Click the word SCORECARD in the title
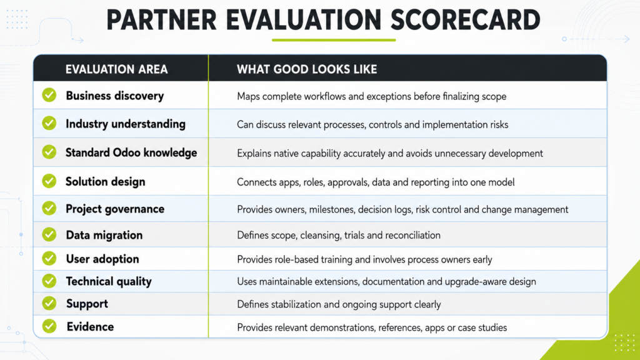(465, 20)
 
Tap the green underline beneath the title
(334, 40)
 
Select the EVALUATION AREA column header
(117, 69)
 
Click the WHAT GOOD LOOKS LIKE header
(307, 69)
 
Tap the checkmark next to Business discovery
(49, 95)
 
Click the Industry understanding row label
(126, 124)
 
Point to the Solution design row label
(105, 182)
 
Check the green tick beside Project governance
(49, 208)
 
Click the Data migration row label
(104, 235)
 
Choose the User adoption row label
(102, 259)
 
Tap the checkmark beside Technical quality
(49, 281)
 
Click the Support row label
(87, 304)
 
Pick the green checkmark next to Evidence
(49, 326)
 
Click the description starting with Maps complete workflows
(371, 97)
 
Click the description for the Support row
(339, 305)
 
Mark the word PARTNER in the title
(161, 20)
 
